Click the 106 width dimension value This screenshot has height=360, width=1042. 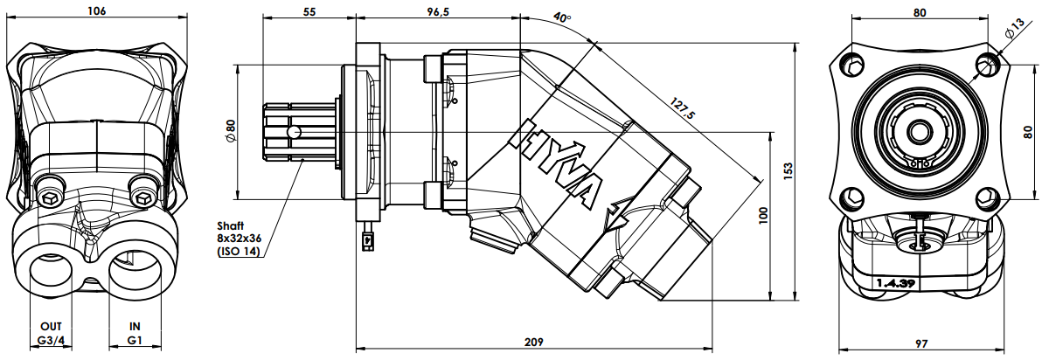coord(96,10)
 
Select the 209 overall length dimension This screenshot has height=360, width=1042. coord(533,342)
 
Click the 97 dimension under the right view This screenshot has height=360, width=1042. coord(920,343)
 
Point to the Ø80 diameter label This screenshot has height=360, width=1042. coord(230,130)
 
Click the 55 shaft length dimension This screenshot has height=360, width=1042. coord(309,10)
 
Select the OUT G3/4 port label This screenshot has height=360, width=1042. coord(52,334)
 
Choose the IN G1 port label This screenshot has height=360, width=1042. coord(135,334)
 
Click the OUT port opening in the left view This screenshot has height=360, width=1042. coord(52,272)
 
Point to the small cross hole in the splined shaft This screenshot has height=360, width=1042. coord(292,132)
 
